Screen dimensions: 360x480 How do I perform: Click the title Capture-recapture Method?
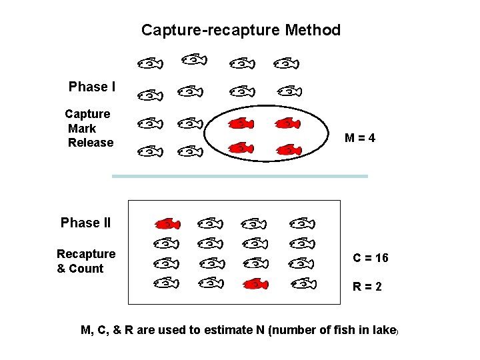coord(241,30)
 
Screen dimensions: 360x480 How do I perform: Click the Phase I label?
coord(92,87)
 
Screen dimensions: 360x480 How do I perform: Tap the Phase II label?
coord(85,223)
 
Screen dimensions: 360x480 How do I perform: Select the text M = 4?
coord(360,139)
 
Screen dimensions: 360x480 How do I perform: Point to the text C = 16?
coord(371,258)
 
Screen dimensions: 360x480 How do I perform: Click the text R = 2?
coord(367,287)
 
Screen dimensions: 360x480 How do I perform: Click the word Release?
coord(91,143)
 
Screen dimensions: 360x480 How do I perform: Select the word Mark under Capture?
coord(82,129)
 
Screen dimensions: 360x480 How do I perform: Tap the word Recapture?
coord(86,254)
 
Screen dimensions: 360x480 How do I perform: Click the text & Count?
coord(81,269)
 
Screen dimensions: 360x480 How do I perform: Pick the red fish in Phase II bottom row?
coord(255,285)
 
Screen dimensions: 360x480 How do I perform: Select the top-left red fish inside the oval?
coord(241,123)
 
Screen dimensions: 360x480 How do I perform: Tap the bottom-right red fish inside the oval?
coord(289,149)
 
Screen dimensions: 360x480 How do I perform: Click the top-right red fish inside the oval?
coord(287,123)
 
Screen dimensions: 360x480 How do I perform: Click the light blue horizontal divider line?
coord(240,176)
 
